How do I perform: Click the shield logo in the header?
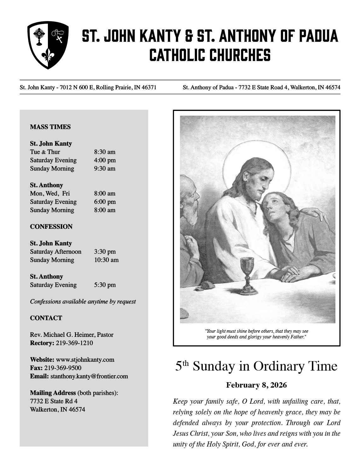48,45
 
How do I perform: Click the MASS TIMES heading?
50,127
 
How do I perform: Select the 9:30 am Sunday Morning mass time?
105,169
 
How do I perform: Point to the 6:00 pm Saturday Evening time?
105,202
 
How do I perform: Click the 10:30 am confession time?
106,260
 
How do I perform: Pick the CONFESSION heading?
51,227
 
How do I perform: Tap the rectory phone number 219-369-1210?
74,343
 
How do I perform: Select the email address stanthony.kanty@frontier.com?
89,376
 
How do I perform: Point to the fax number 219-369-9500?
63,368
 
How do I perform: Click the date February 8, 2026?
257,385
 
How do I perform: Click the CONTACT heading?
46,318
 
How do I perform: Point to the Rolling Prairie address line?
88,87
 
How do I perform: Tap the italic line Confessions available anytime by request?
83,302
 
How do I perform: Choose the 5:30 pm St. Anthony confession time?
105,285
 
